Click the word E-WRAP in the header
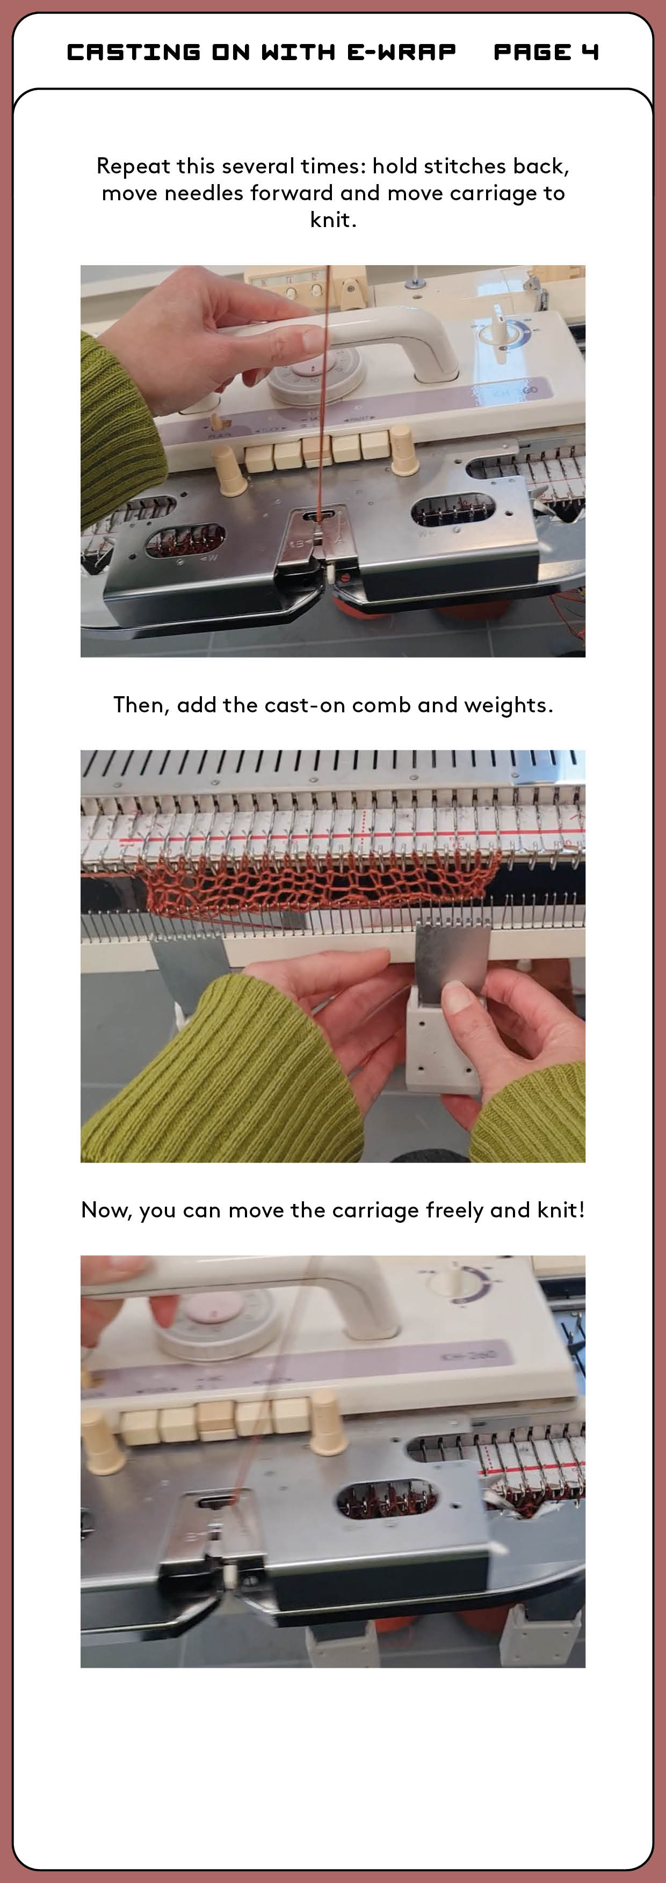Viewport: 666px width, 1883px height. point(401,52)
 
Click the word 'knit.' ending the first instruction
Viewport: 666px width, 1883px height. point(332,220)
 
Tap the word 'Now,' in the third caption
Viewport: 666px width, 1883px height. point(107,1210)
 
